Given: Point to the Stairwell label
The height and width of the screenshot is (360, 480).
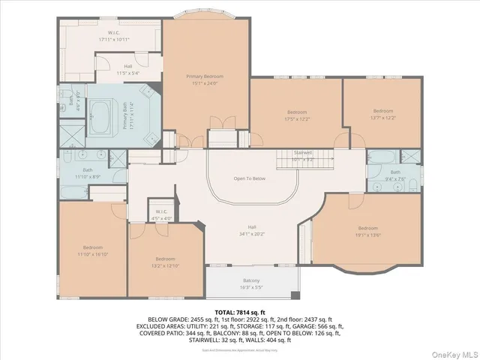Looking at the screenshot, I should (302, 154).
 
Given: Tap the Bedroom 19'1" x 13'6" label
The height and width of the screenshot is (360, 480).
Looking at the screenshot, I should (367, 231).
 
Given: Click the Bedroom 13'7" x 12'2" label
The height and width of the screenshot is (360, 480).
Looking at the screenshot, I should (383, 114).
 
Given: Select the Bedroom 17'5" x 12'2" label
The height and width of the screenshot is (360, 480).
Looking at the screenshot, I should (296, 115).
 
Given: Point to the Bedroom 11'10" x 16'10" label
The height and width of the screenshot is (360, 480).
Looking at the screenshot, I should (93, 250).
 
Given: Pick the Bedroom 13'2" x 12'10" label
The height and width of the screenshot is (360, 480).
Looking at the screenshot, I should (166, 262).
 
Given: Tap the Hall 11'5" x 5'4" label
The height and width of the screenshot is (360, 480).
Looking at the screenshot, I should (128, 70).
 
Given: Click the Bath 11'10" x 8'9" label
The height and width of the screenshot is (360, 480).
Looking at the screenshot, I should (88, 173).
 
